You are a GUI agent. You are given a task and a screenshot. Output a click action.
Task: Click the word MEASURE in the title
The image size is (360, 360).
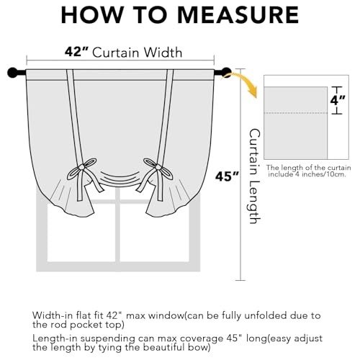[x=238, y=15]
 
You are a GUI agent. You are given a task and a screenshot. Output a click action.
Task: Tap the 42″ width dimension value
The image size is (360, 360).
[x=77, y=51]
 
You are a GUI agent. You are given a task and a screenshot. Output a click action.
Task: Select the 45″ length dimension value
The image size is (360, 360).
[x=227, y=176]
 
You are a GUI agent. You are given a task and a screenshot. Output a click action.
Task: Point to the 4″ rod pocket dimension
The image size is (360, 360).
[x=338, y=100]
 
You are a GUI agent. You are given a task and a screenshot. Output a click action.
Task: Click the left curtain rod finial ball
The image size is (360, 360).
[x=12, y=73]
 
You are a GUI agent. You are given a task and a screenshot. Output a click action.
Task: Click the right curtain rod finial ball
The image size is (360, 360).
[x=226, y=73]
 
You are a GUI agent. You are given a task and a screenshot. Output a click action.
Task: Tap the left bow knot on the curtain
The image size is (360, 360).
[x=82, y=166]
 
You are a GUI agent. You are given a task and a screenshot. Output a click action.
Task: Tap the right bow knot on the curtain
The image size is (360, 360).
[x=158, y=166]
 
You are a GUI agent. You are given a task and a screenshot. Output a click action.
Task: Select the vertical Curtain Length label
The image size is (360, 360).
[x=255, y=176]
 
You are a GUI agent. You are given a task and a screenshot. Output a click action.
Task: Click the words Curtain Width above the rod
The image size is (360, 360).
[x=138, y=53]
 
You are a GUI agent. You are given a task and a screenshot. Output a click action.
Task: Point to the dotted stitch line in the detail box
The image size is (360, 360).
[x=295, y=112]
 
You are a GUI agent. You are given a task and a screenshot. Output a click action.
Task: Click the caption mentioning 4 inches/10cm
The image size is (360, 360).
[x=308, y=171]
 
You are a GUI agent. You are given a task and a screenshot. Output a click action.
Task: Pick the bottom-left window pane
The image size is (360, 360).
[x=81, y=233]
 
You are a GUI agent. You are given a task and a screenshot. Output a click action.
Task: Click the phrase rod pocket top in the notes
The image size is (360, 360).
[x=96, y=325]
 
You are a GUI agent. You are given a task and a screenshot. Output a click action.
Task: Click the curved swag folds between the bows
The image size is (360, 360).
[x=120, y=178]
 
